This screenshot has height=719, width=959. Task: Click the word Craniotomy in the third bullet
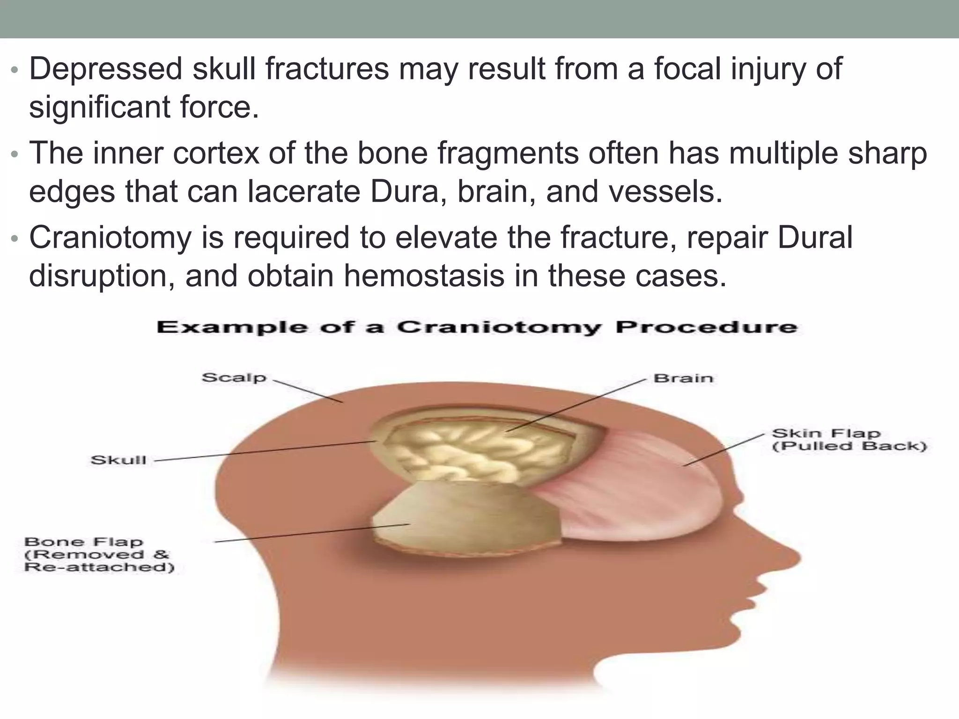tap(111, 238)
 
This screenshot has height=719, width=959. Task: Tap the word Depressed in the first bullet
tap(105, 69)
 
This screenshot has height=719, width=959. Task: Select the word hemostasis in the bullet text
tap(424, 276)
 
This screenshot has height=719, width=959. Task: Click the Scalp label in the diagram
tap(234, 377)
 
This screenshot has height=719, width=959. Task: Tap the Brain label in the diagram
tap(683, 378)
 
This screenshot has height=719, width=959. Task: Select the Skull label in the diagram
tap(118, 460)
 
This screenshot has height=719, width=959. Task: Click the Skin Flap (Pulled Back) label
tap(849, 439)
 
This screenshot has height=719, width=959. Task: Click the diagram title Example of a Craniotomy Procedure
tap(477, 327)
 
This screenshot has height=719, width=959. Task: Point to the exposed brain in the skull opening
tap(473, 452)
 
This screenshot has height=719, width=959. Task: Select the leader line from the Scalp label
tap(307, 391)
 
